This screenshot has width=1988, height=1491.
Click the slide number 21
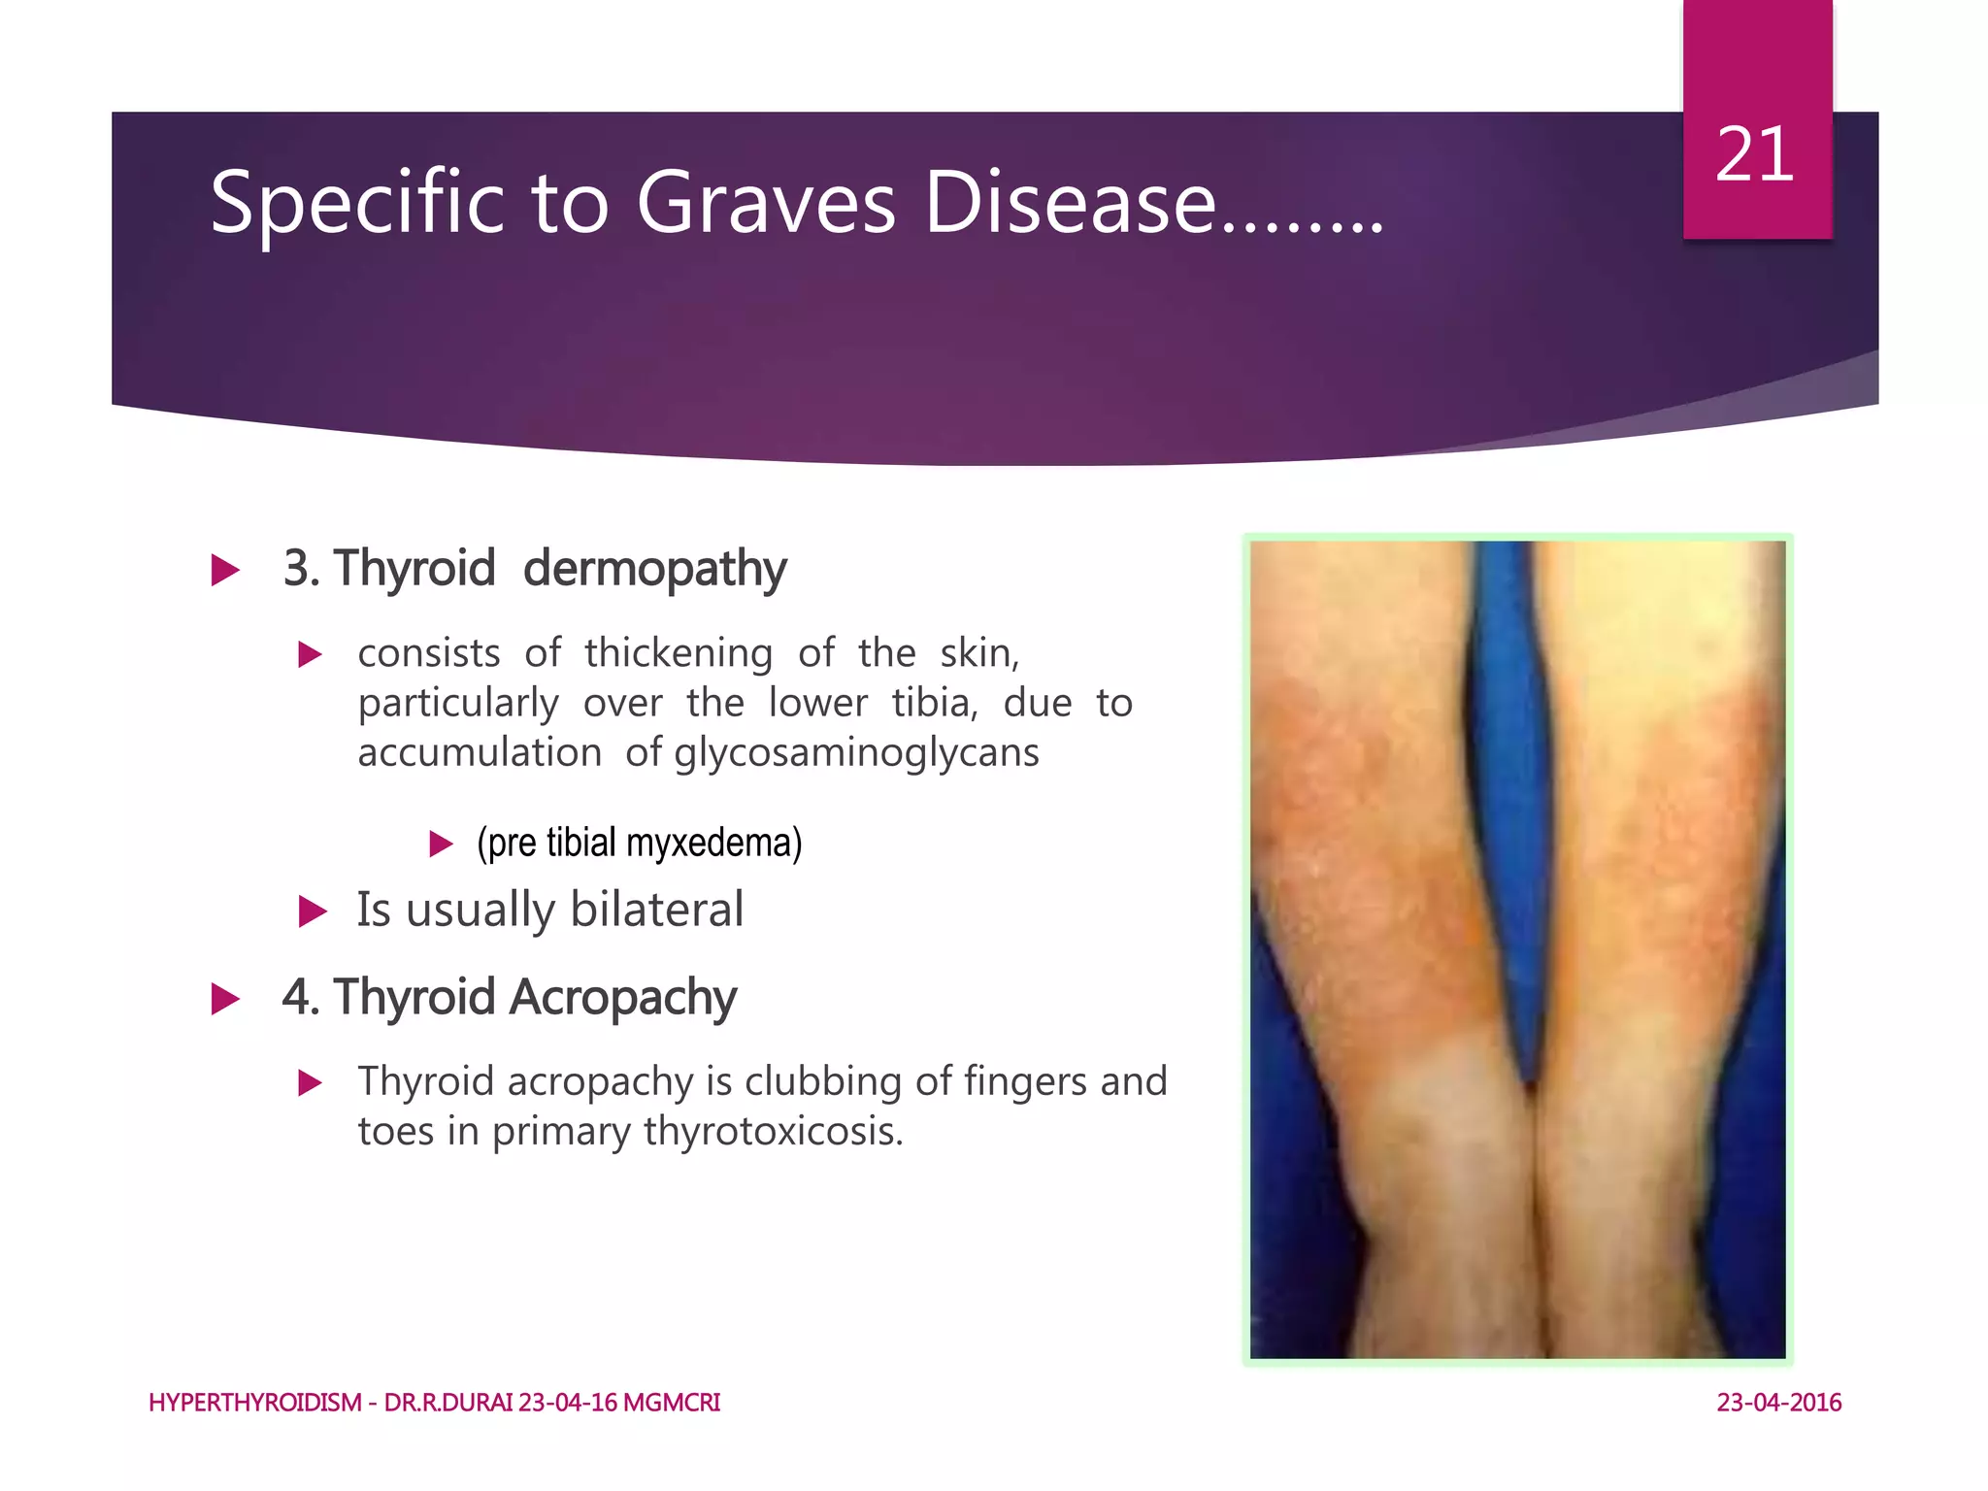click(x=1754, y=155)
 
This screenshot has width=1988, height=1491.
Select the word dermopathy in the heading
click(x=654, y=569)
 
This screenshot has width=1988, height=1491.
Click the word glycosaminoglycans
click(x=856, y=753)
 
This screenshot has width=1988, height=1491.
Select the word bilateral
click(x=656, y=911)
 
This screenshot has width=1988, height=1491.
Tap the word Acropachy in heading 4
click(x=622, y=998)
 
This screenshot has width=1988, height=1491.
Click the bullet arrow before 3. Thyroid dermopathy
click(x=225, y=570)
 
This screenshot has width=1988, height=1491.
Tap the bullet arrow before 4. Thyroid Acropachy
click(x=225, y=999)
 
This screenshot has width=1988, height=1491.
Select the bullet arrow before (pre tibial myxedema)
click(x=441, y=844)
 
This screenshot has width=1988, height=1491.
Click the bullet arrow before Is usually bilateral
click(x=312, y=911)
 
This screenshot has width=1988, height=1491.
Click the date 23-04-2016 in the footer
click(x=1778, y=1403)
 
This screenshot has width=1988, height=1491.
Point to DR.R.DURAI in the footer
click(x=447, y=1403)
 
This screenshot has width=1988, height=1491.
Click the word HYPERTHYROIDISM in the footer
click(x=254, y=1403)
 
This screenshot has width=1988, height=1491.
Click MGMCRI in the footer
click(x=671, y=1403)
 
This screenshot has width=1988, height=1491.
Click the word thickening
click(x=679, y=653)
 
